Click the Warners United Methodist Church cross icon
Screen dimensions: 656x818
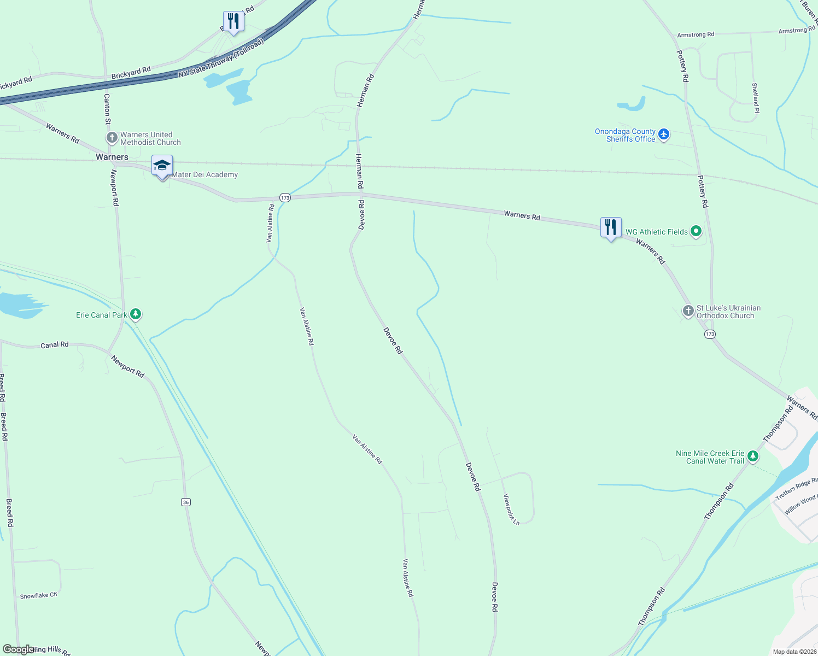click(112, 138)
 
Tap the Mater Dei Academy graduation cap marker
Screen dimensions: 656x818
click(162, 166)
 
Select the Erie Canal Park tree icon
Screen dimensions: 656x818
click(136, 314)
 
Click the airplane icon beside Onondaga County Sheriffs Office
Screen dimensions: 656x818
click(664, 134)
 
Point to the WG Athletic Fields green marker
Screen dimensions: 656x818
click(696, 232)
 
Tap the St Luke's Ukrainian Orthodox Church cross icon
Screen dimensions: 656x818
click(688, 311)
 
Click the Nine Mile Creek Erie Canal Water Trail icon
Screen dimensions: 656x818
click(753, 456)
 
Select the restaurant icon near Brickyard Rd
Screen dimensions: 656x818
click(233, 21)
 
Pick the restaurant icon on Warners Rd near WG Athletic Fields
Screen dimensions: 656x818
click(611, 227)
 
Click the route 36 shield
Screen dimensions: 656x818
click(186, 502)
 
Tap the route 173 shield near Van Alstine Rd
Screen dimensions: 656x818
click(285, 197)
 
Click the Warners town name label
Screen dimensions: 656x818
click(112, 157)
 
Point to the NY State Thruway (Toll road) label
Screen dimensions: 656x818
click(221, 58)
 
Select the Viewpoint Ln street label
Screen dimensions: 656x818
click(511, 509)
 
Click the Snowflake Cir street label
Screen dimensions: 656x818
click(39, 595)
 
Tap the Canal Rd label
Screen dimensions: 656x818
click(55, 345)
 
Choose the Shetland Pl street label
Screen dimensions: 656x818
click(755, 98)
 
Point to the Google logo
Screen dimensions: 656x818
click(18, 649)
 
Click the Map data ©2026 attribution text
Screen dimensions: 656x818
click(793, 652)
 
